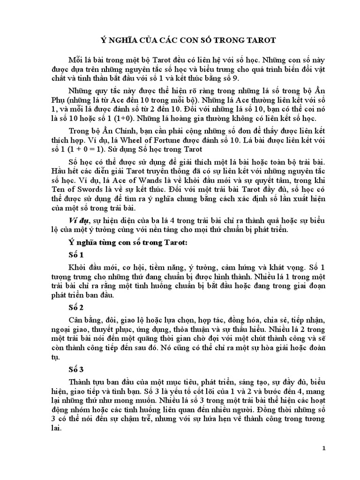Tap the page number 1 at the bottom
324,448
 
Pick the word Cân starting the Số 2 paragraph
75,319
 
